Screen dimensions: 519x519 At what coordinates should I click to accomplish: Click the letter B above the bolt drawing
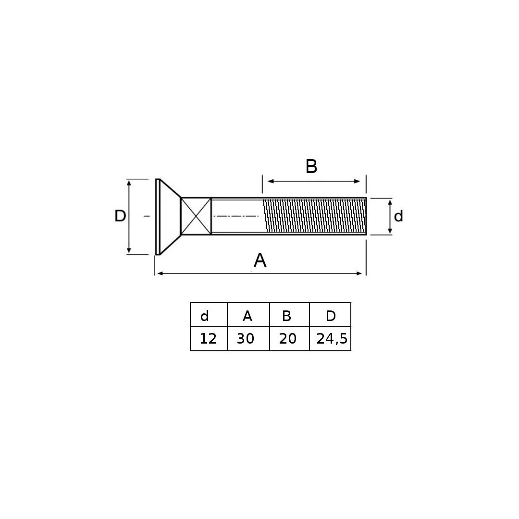pyautogui.click(x=311, y=166)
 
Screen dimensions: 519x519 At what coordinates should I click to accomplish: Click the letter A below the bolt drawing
pyautogui.click(x=260, y=260)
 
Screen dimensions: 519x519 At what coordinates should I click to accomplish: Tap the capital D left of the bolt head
pyautogui.click(x=120, y=216)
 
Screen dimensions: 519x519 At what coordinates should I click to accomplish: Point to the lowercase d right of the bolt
pyautogui.click(x=398, y=216)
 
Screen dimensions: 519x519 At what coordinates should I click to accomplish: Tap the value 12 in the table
pyautogui.click(x=208, y=339)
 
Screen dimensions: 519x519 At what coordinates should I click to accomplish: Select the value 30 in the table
pyautogui.click(x=245, y=339)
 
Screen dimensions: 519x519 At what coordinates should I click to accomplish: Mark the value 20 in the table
pyautogui.click(x=287, y=339)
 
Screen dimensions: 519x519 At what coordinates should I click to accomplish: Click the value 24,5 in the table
pyautogui.click(x=332, y=339)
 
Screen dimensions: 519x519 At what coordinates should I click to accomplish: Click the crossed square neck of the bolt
pyautogui.click(x=196, y=216)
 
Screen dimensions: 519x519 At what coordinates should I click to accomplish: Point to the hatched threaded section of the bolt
pyautogui.click(x=314, y=216)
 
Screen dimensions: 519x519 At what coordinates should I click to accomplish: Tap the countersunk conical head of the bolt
pyautogui.click(x=168, y=217)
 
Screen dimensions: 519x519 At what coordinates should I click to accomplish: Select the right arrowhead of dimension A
pyautogui.click(x=359, y=273)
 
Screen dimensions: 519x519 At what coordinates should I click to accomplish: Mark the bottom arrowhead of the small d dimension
pyautogui.click(x=390, y=231)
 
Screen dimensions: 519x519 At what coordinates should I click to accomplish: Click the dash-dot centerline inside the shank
pyautogui.click(x=236, y=216)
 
